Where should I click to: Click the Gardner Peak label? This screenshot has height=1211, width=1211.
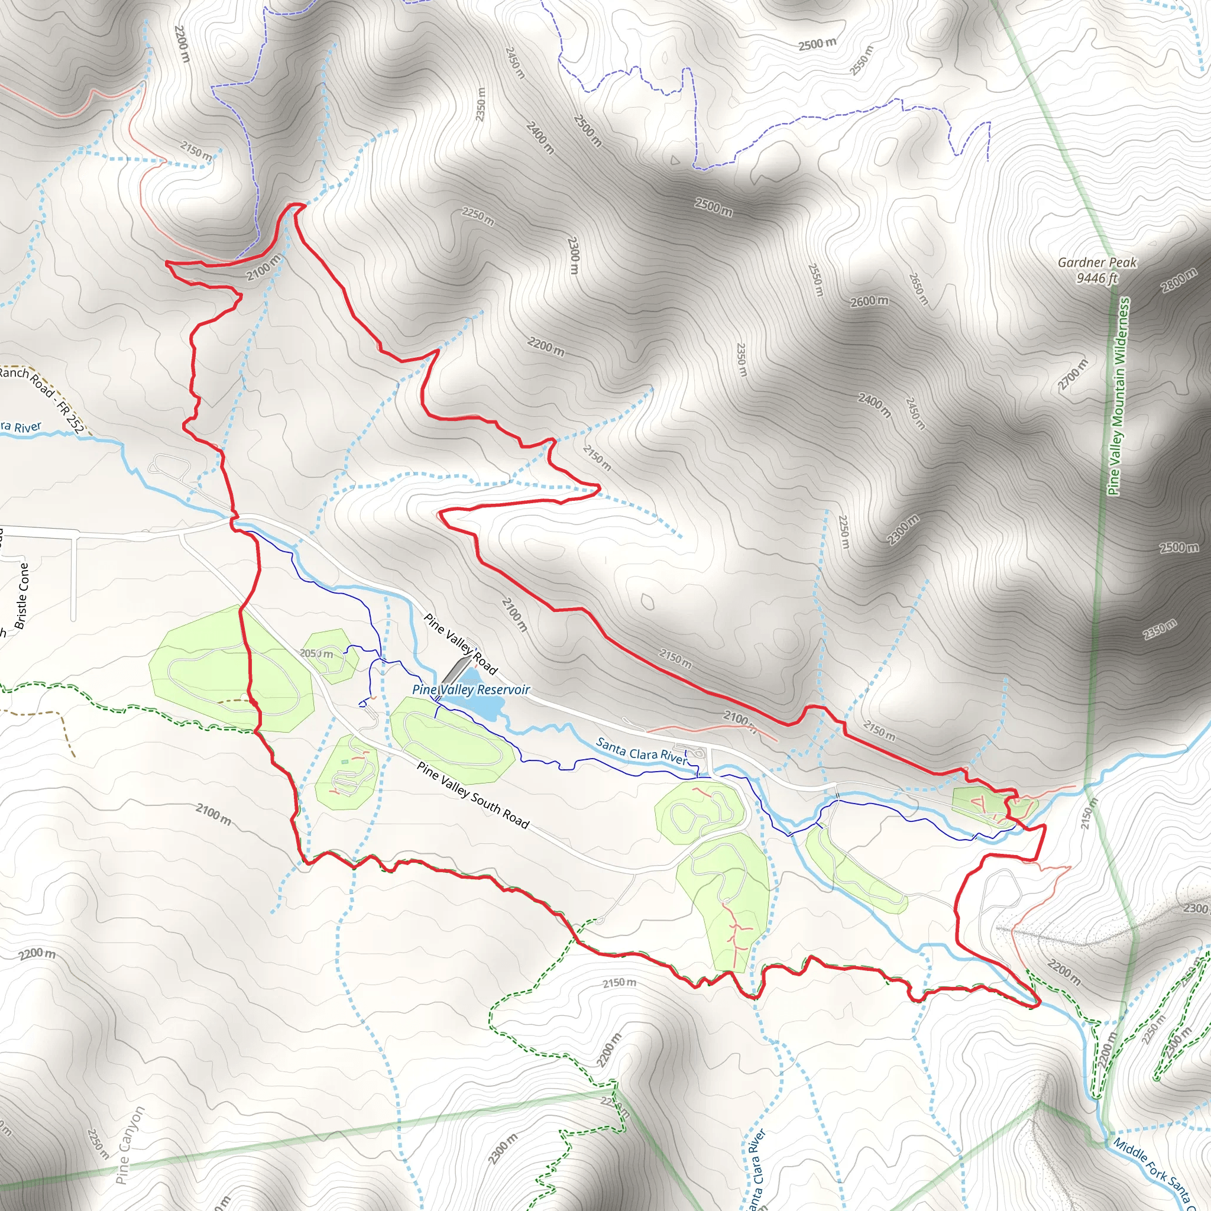(1097, 263)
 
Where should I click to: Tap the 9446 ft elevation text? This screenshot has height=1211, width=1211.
(1097, 279)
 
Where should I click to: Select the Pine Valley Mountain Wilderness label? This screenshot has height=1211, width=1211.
(1118, 396)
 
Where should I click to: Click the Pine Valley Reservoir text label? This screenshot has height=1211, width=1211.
(471, 689)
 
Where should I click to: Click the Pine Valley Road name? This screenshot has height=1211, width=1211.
(461, 644)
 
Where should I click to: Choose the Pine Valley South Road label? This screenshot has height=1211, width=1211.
(473, 795)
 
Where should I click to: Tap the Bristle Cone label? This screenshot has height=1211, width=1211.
(22, 595)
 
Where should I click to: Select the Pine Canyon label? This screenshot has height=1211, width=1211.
(130, 1145)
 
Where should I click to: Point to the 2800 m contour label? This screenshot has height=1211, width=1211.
(1178, 280)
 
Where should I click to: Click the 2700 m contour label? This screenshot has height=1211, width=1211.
(1073, 374)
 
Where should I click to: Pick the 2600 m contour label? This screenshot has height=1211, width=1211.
(869, 302)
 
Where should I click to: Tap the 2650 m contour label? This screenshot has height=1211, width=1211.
(918, 289)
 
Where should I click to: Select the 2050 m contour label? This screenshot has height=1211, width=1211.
(316, 654)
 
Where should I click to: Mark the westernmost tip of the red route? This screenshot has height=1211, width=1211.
(167, 263)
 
